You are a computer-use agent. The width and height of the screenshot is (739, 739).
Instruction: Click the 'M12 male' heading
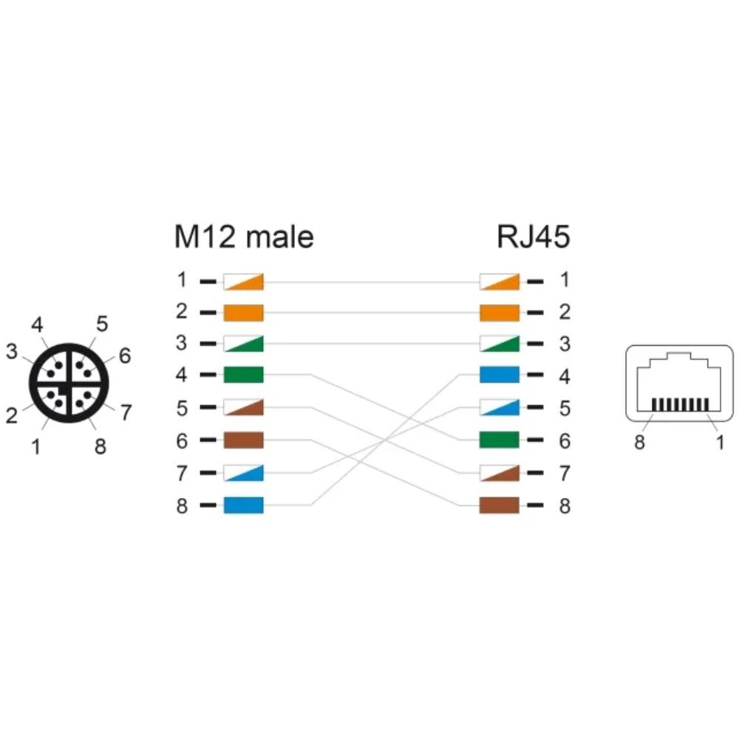(244, 236)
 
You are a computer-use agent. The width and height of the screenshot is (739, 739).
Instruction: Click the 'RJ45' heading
(533, 236)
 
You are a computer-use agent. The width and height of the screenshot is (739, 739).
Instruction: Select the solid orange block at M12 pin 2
(243, 313)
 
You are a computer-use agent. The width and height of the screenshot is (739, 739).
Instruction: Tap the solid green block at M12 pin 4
(243, 375)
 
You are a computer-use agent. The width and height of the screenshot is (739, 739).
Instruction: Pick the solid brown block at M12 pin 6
(243, 440)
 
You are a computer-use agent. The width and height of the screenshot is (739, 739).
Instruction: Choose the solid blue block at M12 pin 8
(243, 505)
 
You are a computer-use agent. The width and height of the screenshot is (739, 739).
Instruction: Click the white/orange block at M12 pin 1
(243, 282)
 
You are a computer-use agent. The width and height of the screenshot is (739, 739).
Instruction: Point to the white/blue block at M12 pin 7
(243, 473)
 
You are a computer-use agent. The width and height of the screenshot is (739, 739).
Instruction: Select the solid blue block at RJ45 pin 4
(500, 375)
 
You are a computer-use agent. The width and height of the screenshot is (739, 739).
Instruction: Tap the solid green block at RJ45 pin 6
(500, 440)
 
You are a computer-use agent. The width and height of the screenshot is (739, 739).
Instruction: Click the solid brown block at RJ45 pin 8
(500, 505)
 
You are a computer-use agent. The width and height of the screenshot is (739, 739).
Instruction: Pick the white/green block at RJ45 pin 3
(500, 344)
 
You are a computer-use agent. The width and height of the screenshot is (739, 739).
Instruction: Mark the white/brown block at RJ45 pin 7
(500, 473)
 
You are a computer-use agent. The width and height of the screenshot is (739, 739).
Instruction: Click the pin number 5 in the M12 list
(182, 408)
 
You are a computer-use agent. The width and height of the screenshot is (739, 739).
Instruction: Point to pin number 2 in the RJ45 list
(565, 312)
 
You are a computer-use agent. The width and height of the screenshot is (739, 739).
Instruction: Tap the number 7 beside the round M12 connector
(126, 412)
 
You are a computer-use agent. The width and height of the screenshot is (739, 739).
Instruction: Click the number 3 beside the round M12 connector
(11, 352)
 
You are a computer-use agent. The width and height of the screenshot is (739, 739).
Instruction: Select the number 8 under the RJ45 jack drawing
(639, 442)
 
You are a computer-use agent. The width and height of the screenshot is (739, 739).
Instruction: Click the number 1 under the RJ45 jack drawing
(720, 442)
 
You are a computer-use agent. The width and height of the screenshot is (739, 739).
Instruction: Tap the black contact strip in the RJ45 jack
(680, 404)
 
